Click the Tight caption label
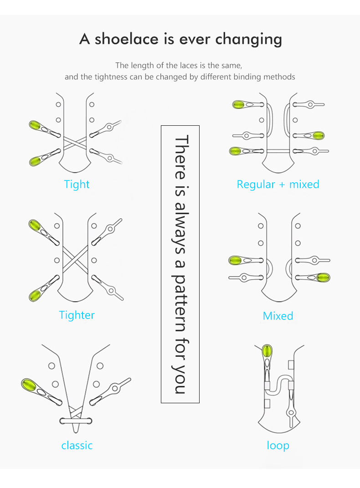click(77, 185)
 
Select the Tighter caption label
click(77, 315)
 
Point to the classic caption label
click(77, 445)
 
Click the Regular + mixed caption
click(278, 185)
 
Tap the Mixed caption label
click(278, 316)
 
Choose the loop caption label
click(278, 445)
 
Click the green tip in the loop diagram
click(267, 351)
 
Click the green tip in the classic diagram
click(30, 385)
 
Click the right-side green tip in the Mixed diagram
click(324, 277)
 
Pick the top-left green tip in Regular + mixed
click(238, 105)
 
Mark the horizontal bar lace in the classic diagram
click(76, 421)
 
